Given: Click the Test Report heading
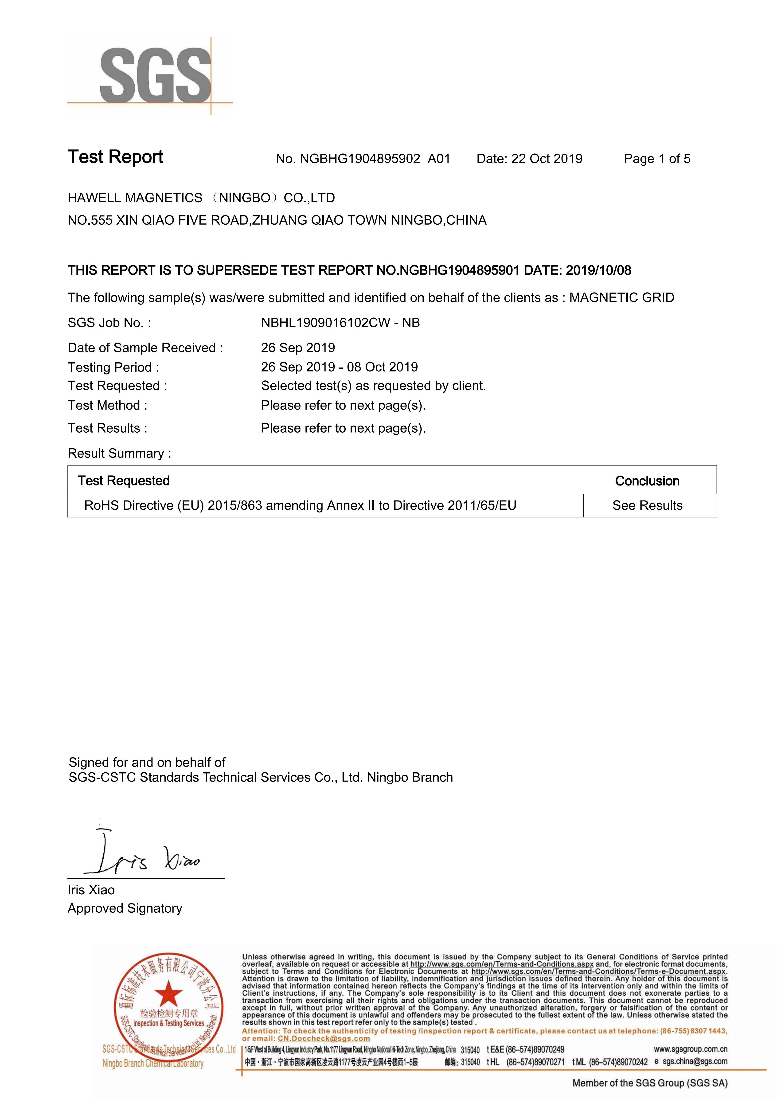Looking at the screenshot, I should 115,157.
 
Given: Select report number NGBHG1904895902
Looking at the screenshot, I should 359,159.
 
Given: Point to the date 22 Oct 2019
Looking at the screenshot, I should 547,159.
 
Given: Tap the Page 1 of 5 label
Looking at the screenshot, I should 657,159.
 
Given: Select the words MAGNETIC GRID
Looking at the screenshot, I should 621,298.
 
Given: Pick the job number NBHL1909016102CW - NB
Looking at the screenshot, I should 340,323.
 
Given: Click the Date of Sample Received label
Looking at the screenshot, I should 145,348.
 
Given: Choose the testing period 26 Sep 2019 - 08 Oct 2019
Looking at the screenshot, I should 339,367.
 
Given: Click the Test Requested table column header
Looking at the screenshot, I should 124,481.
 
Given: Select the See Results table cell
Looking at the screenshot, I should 647,505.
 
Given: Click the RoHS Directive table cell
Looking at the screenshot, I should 300,505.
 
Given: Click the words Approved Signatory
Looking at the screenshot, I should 125,908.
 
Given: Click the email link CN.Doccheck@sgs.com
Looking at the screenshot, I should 324,1039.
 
